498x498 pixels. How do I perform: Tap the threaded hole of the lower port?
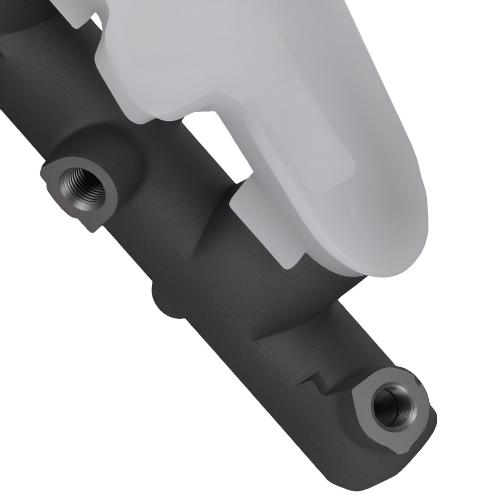point(392,406)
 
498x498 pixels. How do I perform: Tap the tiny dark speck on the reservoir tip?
point(397,229)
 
